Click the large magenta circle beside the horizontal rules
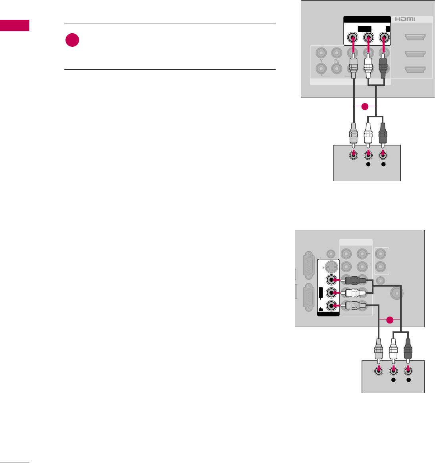(x=72, y=41)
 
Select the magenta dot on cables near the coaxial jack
(x=390, y=320)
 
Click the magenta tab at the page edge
(x=15, y=25)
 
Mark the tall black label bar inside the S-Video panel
(x=321, y=292)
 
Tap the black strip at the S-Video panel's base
(x=329, y=314)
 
